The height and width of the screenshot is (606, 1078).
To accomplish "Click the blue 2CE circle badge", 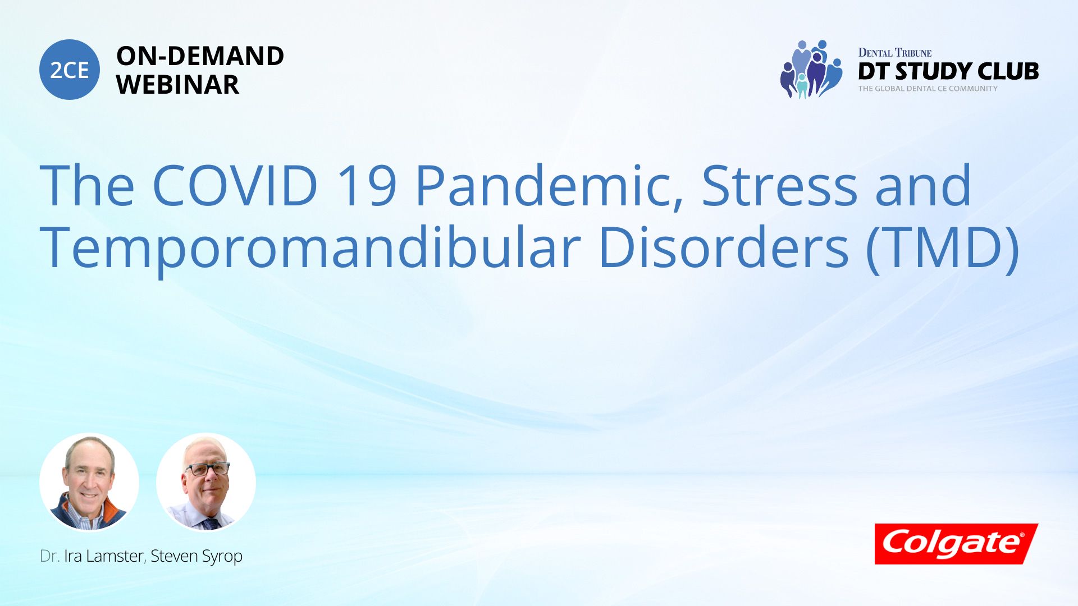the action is click(70, 70).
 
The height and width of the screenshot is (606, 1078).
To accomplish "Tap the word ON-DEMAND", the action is click(200, 56).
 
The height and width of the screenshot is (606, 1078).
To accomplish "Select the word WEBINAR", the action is click(178, 85).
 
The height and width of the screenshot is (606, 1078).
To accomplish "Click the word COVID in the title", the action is click(235, 185).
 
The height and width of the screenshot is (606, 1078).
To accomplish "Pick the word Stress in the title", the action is click(780, 186).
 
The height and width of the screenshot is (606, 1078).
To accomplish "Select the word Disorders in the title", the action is click(724, 247).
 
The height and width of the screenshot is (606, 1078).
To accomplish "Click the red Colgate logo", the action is click(956, 544).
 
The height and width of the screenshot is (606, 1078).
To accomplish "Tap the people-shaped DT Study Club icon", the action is click(811, 69).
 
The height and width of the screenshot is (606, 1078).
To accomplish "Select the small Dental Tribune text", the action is click(895, 53).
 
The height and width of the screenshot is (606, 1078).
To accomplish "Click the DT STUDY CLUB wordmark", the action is click(948, 71).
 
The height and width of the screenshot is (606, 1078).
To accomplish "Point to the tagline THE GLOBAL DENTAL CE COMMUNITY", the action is click(928, 89).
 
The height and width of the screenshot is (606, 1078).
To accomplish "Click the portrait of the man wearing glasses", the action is click(205, 482).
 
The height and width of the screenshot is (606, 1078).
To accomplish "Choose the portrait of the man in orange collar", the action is click(89, 482).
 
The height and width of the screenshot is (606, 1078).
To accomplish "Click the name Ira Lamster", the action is click(104, 556).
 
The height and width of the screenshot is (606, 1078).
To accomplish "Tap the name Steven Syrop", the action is click(197, 557).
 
